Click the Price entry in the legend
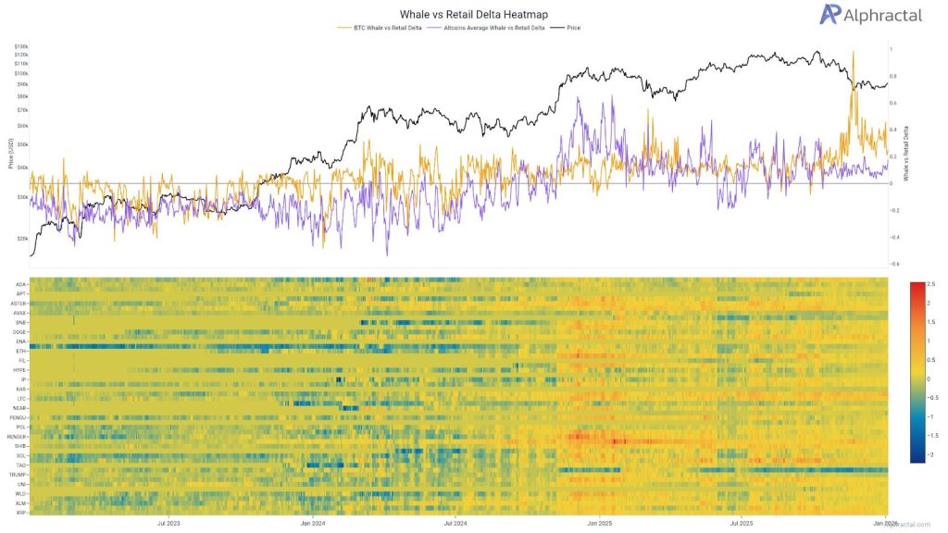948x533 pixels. coord(571,28)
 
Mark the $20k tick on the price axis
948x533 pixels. coord(21,237)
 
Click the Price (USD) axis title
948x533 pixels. coord(10,153)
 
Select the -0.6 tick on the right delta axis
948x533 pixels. coord(894,264)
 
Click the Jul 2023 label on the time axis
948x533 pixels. coord(169,522)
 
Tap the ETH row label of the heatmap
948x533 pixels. coord(21,352)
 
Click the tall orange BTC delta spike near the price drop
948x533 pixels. coord(853,56)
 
